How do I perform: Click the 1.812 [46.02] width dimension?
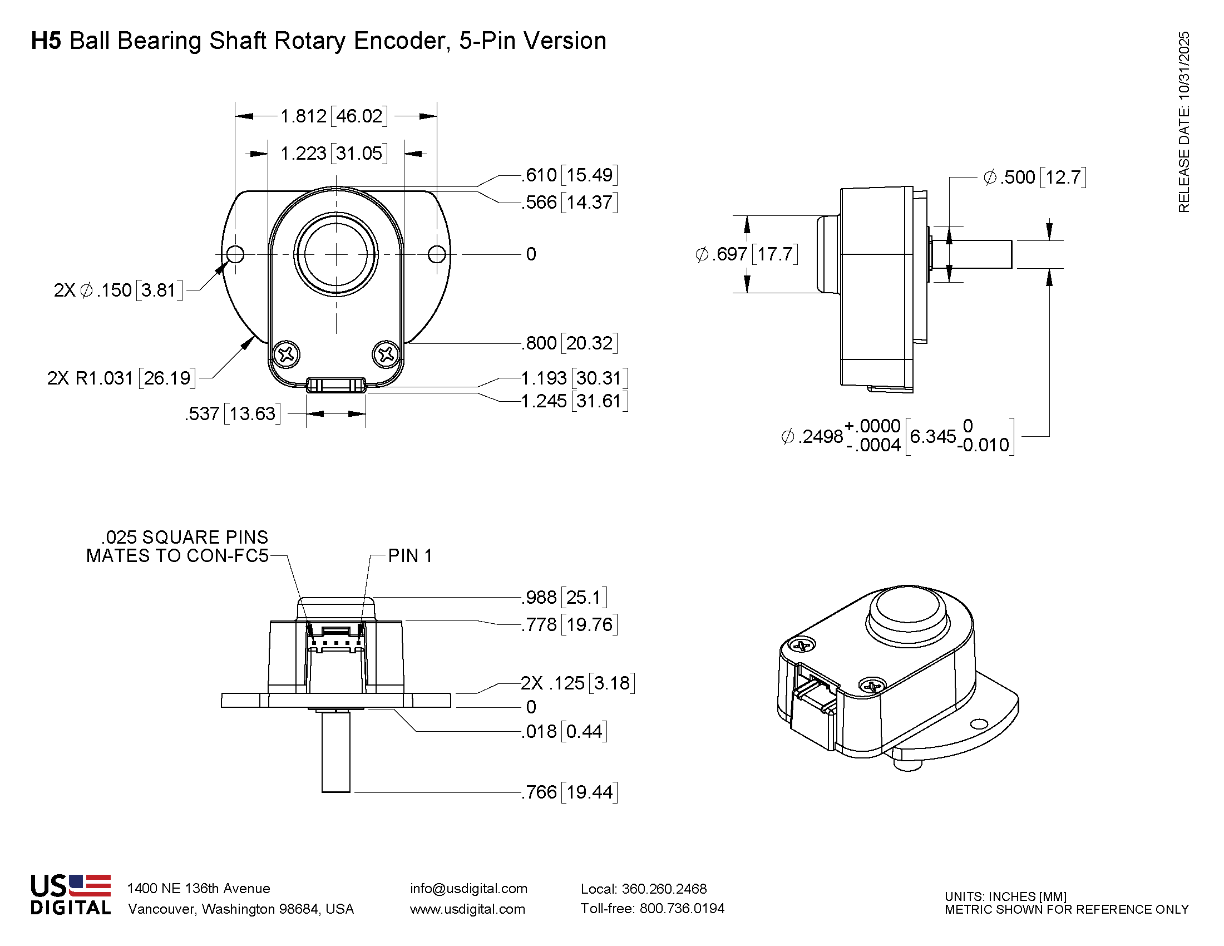pyautogui.click(x=333, y=116)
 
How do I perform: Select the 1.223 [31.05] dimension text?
pyautogui.click(x=333, y=153)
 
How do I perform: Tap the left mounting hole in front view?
pyautogui.click(x=235, y=254)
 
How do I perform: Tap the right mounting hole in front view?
pyautogui.click(x=437, y=254)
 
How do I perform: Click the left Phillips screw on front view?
pyautogui.click(x=287, y=354)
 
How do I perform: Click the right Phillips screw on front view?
pyautogui.click(x=386, y=353)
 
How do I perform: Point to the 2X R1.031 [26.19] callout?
pyautogui.click(x=121, y=378)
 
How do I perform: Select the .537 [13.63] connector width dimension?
pyautogui.click(x=233, y=413)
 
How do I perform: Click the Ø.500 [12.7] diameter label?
pyautogui.click(x=1035, y=177)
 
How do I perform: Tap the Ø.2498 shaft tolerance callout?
pyautogui.click(x=897, y=436)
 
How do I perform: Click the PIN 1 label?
pyautogui.click(x=409, y=555)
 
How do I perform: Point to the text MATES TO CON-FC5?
pyautogui.click(x=177, y=555)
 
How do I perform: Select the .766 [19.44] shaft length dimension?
pyautogui.click(x=569, y=792)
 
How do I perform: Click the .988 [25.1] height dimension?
pyautogui.click(x=564, y=597)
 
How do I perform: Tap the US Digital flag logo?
pyautogui.click(x=90, y=885)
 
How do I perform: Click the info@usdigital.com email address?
pyautogui.click(x=468, y=888)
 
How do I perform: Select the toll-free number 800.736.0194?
pyautogui.click(x=682, y=909)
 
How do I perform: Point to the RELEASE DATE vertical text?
pyautogui.click(x=1183, y=122)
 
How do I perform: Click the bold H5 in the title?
pyautogui.click(x=46, y=41)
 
